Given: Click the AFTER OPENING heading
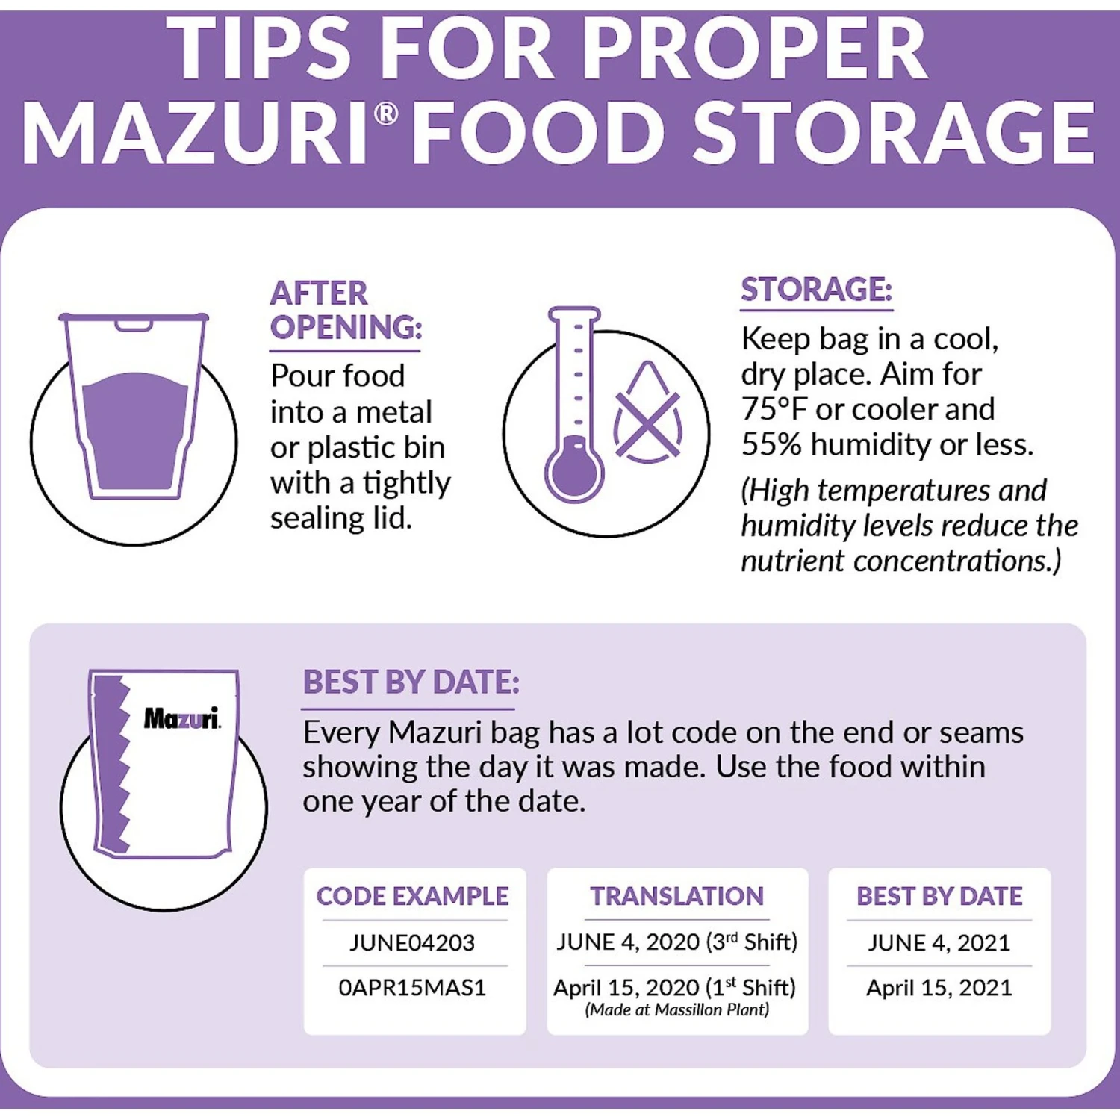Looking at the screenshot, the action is (346, 310).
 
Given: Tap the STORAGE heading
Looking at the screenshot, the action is (816, 290).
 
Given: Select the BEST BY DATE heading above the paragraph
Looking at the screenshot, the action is (411, 682).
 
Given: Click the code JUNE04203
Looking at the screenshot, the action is (412, 942).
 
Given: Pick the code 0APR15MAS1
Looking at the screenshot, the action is (412, 988).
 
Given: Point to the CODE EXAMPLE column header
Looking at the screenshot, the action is (412, 896).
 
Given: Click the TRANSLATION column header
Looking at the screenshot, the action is (677, 896).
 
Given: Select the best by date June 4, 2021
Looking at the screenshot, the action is (939, 942).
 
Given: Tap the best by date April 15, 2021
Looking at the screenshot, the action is (939, 988).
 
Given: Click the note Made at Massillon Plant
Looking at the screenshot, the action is (676, 1010).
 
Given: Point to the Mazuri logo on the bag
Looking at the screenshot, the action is (182, 718).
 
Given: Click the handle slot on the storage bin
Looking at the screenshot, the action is (134, 325).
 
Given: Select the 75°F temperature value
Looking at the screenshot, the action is (774, 409).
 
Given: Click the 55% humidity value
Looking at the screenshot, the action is (771, 444).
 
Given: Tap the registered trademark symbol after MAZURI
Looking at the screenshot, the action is (385, 114).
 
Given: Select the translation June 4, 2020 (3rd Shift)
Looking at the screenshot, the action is (677, 942).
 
